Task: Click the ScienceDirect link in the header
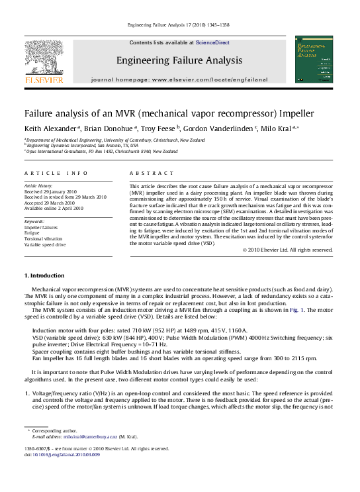click(212, 42)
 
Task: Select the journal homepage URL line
click(179, 79)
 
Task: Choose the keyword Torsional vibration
click(44, 238)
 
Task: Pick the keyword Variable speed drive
click(45, 244)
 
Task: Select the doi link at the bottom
click(67, 455)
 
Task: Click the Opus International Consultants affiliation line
click(103, 151)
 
